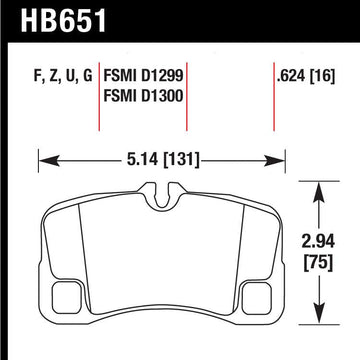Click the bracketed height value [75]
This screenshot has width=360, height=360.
[x=319, y=265]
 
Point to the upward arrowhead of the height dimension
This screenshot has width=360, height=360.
[x=319, y=185]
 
